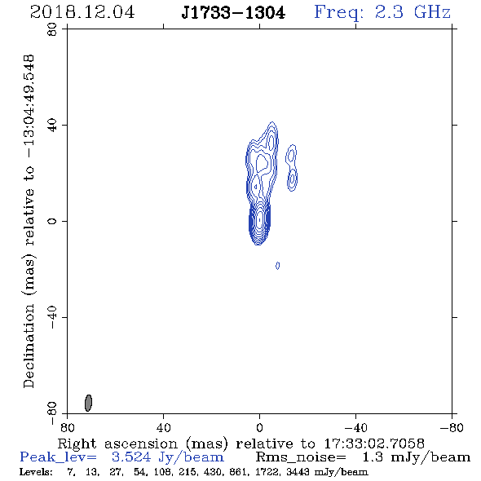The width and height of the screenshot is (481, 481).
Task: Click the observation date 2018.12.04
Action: click(82, 12)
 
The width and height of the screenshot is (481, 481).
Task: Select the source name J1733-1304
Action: click(233, 13)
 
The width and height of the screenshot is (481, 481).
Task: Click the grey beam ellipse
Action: click(88, 403)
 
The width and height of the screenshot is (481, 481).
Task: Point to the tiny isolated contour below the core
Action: click(278, 266)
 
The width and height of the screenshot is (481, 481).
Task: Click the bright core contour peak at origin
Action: click(260, 220)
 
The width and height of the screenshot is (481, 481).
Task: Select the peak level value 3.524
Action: click(131, 457)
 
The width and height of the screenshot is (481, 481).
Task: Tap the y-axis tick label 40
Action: click(52, 126)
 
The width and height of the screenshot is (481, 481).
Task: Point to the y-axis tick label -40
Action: click(52, 317)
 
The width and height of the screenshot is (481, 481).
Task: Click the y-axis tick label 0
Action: click(52, 221)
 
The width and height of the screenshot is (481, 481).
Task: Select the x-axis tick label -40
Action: click(355, 427)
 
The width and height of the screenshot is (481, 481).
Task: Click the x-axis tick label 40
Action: click(164, 427)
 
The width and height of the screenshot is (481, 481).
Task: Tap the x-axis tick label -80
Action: click(452, 427)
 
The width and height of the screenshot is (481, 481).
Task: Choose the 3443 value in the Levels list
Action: click(297, 472)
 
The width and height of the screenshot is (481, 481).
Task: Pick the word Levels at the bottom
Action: click(36, 472)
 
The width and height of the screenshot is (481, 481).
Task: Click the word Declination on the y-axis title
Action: click(29, 346)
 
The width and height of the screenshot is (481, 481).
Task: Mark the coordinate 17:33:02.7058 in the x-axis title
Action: click(374, 443)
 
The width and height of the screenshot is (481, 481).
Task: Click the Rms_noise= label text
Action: click(301, 457)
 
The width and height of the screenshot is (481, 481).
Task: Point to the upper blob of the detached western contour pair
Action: click(291, 156)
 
